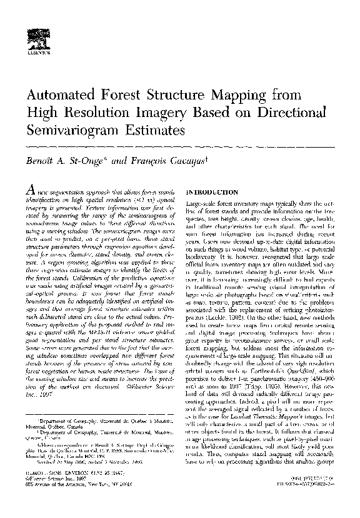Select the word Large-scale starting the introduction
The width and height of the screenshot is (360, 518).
click(x=201, y=205)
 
